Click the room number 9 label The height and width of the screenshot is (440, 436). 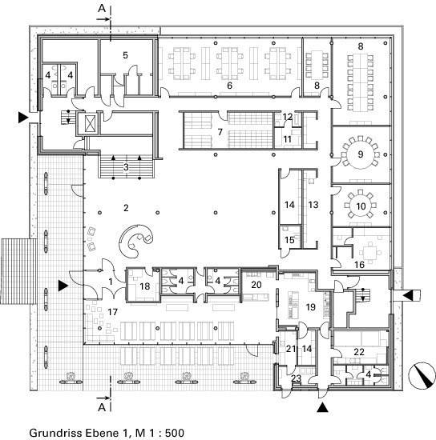click(361, 154)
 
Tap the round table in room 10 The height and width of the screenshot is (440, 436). click(361, 206)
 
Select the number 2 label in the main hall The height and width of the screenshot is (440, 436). click(126, 208)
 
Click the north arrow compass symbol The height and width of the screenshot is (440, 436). click(422, 376)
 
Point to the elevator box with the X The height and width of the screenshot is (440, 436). click(91, 123)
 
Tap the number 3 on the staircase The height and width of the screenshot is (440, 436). click(126, 167)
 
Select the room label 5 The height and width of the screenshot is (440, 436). click(125, 55)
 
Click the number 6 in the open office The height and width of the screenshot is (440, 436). click(230, 86)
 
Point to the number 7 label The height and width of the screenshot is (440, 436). click(220, 132)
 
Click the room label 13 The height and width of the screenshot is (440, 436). click(313, 205)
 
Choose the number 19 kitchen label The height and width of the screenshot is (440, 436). click(311, 307)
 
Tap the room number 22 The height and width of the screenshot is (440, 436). click(359, 352)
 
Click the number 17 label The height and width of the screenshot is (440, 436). click(112, 312)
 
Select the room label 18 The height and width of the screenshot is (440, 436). click(145, 286)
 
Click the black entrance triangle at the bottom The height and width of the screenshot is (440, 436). click(322, 407)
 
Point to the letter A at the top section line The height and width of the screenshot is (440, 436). click(102, 9)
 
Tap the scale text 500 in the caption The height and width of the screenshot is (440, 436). click(175, 433)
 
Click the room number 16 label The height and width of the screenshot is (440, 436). click(360, 265)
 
